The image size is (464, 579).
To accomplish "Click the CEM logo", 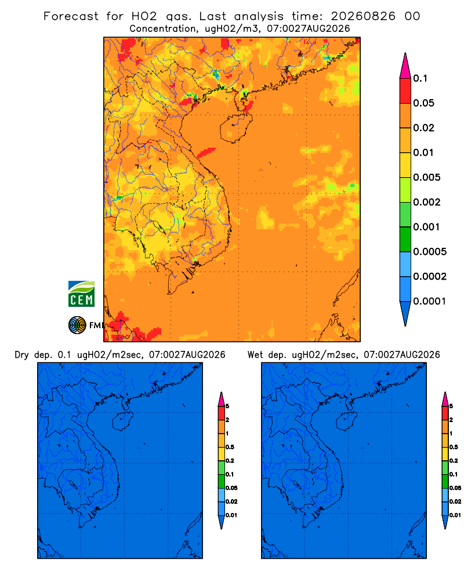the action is click(x=81, y=294).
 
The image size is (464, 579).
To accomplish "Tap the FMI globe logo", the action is click(x=77, y=325).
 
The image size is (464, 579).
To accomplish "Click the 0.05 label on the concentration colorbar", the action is click(x=423, y=103).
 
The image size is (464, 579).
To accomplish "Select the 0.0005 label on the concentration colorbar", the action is click(x=430, y=252).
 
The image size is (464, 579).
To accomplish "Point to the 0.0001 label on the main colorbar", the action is click(x=430, y=301).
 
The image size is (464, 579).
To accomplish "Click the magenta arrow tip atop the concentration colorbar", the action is click(x=405, y=65).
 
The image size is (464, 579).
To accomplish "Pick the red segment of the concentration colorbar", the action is click(x=405, y=91).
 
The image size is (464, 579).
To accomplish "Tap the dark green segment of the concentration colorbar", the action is click(x=405, y=239).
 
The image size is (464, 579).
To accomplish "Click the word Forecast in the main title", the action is click(x=71, y=16).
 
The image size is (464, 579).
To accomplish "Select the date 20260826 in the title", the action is click(x=363, y=16).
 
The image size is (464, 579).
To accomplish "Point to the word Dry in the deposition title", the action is click(x=22, y=355).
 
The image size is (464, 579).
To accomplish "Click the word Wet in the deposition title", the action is click(x=256, y=355).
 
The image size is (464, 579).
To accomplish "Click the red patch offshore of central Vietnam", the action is click(x=206, y=152).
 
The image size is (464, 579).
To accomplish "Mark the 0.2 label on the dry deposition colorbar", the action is click(x=230, y=461).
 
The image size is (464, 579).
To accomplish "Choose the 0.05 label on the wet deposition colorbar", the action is click(x=455, y=488).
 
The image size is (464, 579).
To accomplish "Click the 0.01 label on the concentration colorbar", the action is click(x=423, y=152).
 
